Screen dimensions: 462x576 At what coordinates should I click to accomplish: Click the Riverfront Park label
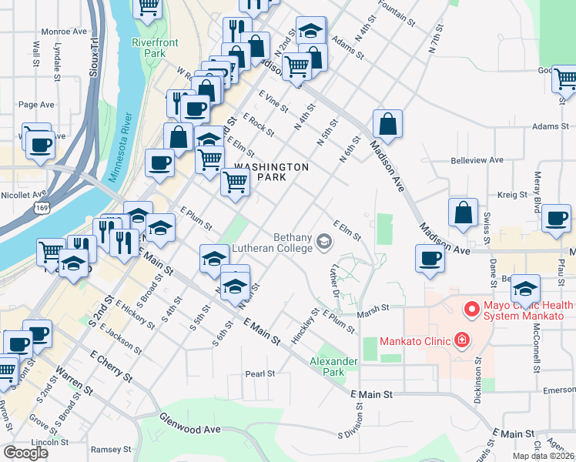click(149, 48)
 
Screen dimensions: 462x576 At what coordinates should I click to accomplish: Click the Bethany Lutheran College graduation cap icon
click(324, 245)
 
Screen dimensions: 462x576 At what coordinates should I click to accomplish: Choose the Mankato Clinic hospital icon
click(461, 340)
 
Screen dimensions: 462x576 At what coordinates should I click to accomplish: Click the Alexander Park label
click(333, 367)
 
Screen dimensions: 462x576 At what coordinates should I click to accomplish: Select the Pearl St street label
click(260, 374)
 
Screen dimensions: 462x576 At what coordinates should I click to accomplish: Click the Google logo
click(25, 453)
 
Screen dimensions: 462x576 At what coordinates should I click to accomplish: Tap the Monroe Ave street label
click(64, 32)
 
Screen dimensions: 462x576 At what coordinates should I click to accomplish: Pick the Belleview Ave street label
click(477, 160)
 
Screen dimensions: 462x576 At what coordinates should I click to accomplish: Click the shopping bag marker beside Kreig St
click(464, 215)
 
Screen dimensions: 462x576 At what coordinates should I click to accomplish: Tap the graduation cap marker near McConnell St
click(525, 289)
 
